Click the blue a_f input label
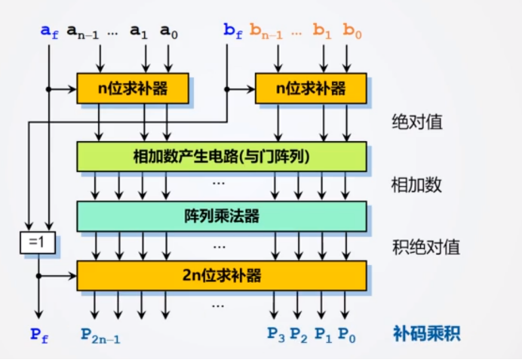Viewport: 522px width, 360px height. click(49, 31)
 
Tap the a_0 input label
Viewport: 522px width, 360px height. click(168, 31)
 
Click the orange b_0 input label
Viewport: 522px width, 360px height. click(352, 31)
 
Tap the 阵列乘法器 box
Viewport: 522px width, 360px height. click(222, 216)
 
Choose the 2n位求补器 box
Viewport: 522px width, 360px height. click(222, 275)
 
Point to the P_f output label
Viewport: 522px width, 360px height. click(39, 334)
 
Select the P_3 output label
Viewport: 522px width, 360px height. click(277, 334)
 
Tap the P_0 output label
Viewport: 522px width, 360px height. click(348, 334)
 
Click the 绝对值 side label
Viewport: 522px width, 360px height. click(415, 122)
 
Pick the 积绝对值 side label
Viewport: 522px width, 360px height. click(425, 246)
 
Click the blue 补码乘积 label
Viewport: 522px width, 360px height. click(425, 333)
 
